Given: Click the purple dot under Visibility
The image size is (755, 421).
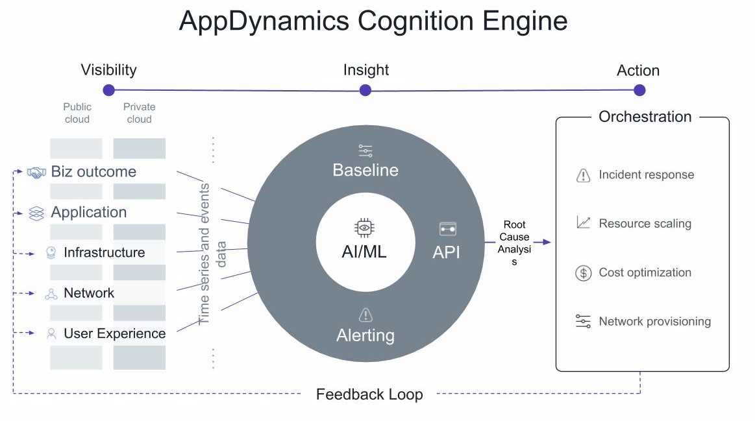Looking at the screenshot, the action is click(x=109, y=90).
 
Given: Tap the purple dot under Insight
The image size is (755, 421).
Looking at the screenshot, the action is click(x=365, y=90).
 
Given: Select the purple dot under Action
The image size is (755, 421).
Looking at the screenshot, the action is click(x=639, y=90).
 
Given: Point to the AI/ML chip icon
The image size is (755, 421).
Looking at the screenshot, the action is click(x=364, y=228).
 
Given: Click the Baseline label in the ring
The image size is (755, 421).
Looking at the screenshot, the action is click(x=365, y=170).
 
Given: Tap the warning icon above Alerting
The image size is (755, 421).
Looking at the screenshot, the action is click(x=365, y=315).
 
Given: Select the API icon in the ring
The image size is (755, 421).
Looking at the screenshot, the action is click(x=448, y=229).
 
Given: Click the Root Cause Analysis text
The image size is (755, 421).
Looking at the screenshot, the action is click(x=514, y=243).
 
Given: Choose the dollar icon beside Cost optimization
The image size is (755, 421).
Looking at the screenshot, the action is click(x=583, y=273).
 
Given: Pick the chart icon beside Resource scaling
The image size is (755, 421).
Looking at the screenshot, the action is click(x=583, y=223).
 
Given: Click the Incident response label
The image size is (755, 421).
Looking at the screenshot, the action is click(x=646, y=174).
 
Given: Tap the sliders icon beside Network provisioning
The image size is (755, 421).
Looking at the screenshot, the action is click(x=583, y=321).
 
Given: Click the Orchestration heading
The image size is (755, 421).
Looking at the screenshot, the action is click(x=645, y=116).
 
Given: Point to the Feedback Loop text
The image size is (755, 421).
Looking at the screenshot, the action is click(x=369, y=394).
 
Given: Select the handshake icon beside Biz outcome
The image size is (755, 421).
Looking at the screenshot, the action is click(x=36, y=173).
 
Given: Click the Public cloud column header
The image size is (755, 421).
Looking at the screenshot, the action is click(x=77, y=113).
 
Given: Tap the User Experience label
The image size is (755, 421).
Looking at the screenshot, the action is click(x=115, y=333).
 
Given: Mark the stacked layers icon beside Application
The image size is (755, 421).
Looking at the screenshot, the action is click(x=36, y=213).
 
